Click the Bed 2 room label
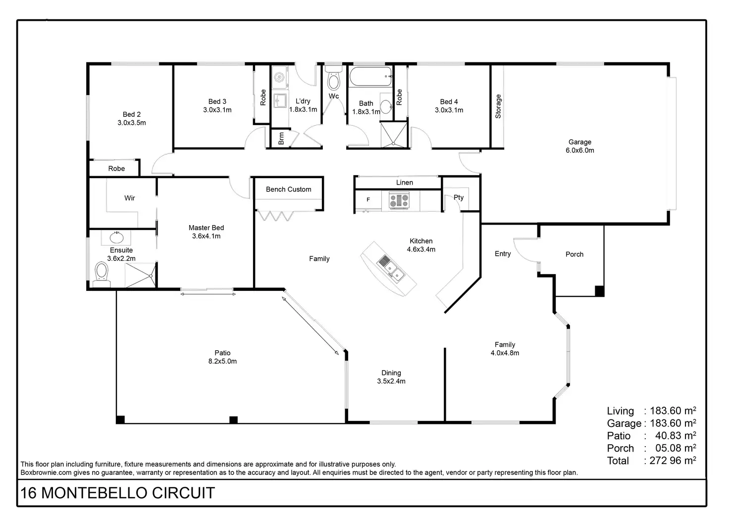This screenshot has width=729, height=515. (x=132, y=115)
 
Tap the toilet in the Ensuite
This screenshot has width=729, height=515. (x=102, y=274)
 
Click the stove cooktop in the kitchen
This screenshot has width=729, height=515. (x=399, y=200)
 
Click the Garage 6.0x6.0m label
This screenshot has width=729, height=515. (x=580, y=146)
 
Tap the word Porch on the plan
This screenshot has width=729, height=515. (x=574, y=254)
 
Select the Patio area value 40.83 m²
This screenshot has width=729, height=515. (x=676, y=435)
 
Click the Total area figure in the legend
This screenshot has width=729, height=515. (x=671, y=461)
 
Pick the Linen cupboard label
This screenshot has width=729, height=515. (x=405, y=183)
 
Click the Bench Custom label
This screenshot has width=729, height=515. (x=289, y=189)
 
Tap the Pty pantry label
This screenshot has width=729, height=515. (x=459, y=197)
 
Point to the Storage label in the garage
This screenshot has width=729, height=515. (x=498, y=106)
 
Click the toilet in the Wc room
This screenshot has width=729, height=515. (x=334, y=80)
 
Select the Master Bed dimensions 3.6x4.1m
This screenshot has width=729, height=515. (x=207, y=236)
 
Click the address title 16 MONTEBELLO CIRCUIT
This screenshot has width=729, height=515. (x=118, y=493)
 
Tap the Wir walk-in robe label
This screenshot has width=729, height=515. (x=130, y=198)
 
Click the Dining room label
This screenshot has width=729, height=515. (x=391, y=373)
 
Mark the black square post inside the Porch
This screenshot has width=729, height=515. (x=599, y=291)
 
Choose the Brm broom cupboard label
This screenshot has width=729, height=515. (x=281, y=139)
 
